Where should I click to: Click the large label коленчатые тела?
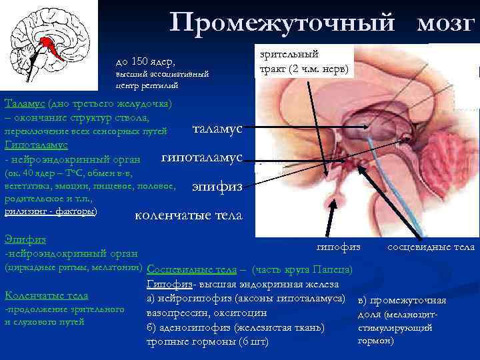[x=189, y=216]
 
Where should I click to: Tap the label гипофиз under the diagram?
[x=338, y=247]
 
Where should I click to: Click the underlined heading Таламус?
[x=25, y=103]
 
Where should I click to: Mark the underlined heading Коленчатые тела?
[x=46, y=295]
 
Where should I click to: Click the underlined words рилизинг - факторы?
[x=51, y=211]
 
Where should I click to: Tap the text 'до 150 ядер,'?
[x=145, y=62]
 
